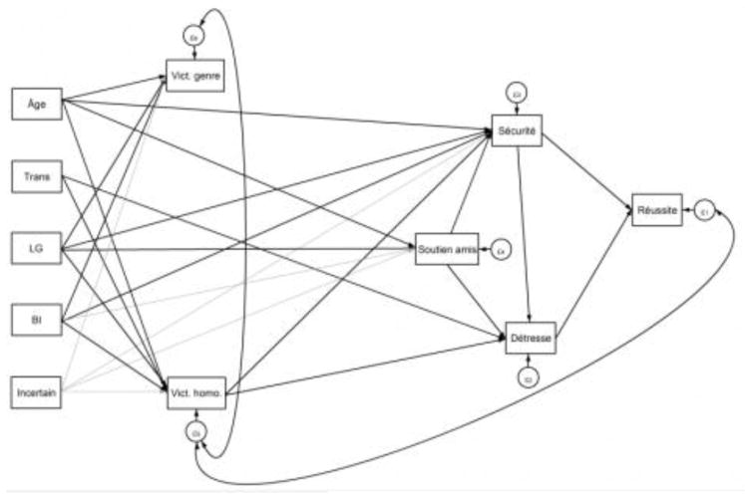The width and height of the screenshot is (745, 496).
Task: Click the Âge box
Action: (x=37, y=103)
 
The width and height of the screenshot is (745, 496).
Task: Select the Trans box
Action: (x=37, y=179)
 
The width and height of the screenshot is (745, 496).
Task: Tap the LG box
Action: (x=37, y=249)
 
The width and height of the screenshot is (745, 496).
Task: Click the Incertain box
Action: (x=37, y=391)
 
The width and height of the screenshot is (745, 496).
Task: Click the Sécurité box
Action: (x=517, y=130)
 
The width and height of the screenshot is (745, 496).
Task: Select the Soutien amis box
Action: (x=447, y=249)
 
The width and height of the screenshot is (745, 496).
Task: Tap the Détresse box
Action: (x=529, y=339)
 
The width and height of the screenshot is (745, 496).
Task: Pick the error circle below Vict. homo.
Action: (x=195, y=431)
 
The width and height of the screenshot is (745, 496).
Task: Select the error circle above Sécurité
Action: (x=517, y=94)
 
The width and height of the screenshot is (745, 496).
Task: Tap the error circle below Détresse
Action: (x=529, y=377)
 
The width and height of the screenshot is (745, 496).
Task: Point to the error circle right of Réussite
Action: (x=704, y=211)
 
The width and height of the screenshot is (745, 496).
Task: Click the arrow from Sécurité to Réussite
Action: (x=586, y=169)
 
